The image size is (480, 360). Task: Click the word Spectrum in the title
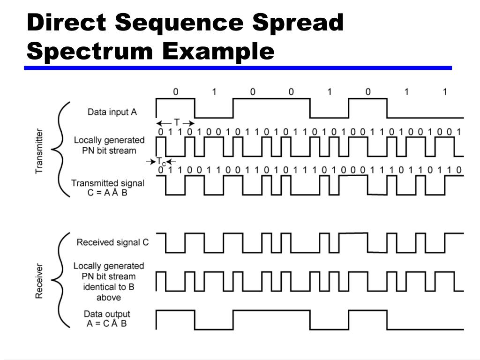click(89, 50)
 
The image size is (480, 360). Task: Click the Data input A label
click(112, 112)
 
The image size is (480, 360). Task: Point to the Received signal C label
click(112, 242)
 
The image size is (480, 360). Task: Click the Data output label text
click(107, 314)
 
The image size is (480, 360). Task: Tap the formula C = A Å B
click(107, 193)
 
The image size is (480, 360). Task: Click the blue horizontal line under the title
click(238, 68)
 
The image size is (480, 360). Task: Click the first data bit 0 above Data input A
click(176, 92)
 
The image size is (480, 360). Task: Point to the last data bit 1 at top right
click(445, 92)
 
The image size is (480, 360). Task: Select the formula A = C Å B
click(107, 323)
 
